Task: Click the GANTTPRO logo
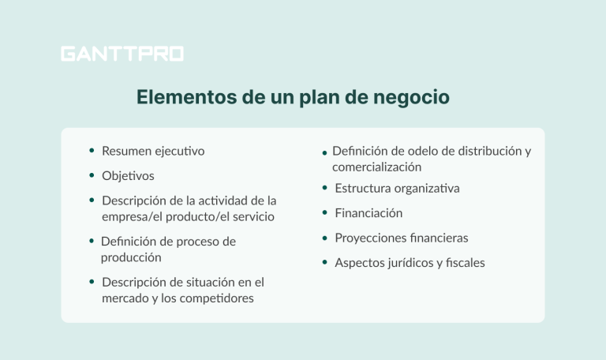122,54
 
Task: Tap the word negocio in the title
412,98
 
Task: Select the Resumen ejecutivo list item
153,151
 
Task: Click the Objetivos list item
128,175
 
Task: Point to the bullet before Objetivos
92,175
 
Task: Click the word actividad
215,201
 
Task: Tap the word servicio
253,216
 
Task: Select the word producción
131,257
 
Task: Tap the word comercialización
376,167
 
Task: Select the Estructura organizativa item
397,189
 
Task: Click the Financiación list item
368,213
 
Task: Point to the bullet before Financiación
325,213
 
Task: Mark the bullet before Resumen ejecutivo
92,151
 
